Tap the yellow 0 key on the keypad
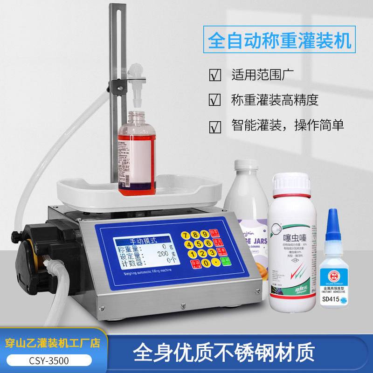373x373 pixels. tap(206, 263)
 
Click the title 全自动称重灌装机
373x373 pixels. tap(279, 41)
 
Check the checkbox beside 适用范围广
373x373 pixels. tap(214, 75)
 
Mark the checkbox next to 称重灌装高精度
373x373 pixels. tap(214, 100)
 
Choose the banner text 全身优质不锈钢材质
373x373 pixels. tap(224, 351)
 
